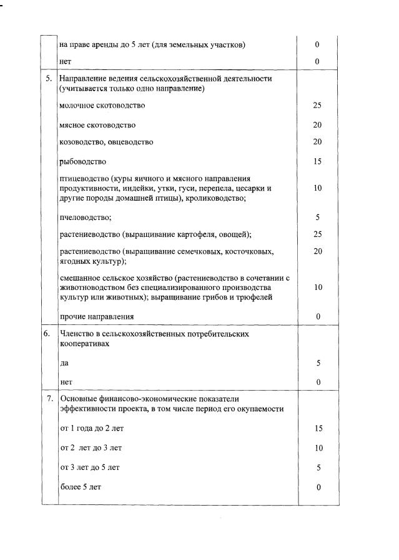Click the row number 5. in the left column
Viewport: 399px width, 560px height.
tap(49, 79)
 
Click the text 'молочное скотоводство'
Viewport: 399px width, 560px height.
tap(102, 105)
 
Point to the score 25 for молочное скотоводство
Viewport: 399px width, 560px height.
tap(317, 105)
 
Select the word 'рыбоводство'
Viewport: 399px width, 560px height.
tap(82, 161)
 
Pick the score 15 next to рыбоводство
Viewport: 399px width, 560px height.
tap(317, 161)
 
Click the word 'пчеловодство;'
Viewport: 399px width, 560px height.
tap(86, 217)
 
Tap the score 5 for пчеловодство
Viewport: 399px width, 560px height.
tap(317, 217)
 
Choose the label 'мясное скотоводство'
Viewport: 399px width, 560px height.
tap(97, 125)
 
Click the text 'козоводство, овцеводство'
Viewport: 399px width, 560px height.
tap(106, 142)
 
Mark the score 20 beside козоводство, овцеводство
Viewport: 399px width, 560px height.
tap(317, 142)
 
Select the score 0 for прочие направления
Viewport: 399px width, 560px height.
tap(317, 316)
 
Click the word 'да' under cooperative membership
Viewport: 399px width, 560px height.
tap(64, 362)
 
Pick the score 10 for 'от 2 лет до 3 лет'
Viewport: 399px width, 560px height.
tap(317, 448)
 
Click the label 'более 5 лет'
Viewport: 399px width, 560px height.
tap(80, 487)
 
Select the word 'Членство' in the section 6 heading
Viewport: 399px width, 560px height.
tap(77, 334)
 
